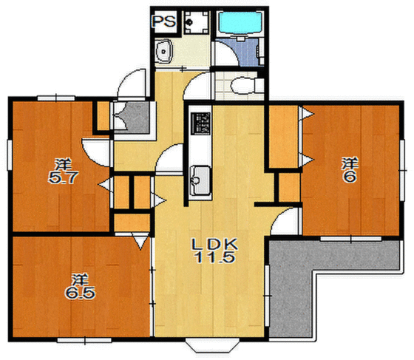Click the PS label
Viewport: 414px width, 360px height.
tap(164, 21)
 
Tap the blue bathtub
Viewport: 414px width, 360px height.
tap(240, 23)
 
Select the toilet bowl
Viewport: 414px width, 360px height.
tap(243, 86)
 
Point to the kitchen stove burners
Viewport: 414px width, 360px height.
tap(200, 123)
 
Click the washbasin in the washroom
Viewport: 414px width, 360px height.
tap(164, 52)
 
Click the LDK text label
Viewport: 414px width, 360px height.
tap(214, 245)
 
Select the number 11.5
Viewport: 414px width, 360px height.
tap(214, 257)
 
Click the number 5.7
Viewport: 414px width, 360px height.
tap(62, 178)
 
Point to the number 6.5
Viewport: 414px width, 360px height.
tap(80, 293)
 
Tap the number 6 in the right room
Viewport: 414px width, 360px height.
tap(349, 177)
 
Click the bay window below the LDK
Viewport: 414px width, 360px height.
tap(213, 345)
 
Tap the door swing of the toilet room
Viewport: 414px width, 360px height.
tap(197, 85)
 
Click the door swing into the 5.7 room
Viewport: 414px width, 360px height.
tap(96, 152)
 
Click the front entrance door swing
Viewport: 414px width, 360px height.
tap(132, 83)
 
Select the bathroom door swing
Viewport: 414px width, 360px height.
tap(226, 52)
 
